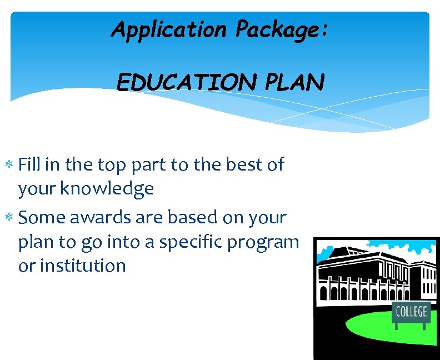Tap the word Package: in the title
pos(282,29)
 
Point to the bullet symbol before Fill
pos(12,166)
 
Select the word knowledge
pos(107,189)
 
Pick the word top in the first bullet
pos(112,166)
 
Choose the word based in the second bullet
pos(180,217)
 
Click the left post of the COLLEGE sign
pos(396,324)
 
